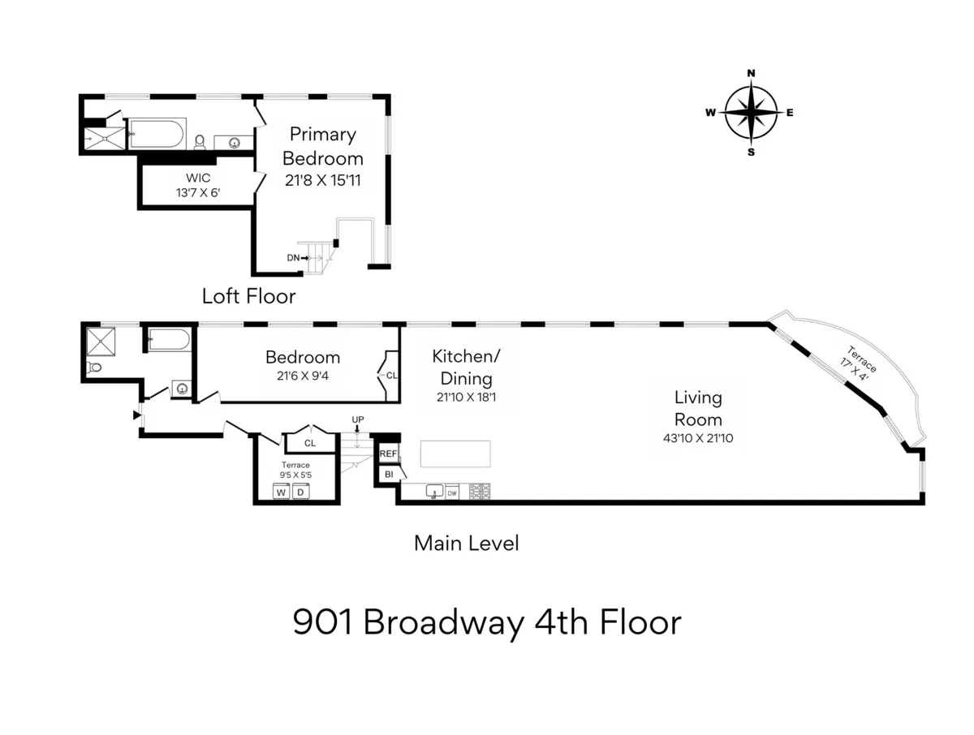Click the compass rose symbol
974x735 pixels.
(x=751, y=113)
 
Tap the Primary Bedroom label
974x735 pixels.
(x=322, y=146)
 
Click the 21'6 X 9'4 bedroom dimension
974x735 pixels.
(x=303, y=376)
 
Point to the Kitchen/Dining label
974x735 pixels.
(x=462, y=367)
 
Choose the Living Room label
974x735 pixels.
(x=698, y=408)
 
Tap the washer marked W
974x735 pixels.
(x=280, y=492)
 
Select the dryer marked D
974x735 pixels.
(x=299, y=492)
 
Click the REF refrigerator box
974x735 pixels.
(x=388, y=454)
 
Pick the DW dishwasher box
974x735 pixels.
(x=451, y=492)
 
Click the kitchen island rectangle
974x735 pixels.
(x=455, y=453)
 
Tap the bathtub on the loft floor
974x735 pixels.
(x=158, y=133)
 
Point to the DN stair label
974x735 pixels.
(x=293, y=257)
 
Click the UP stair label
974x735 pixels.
(x=357, y=419)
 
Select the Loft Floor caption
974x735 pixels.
(x=248, y=296)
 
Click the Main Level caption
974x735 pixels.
(x=466, y=543)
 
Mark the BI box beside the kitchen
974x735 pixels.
(x=388, y=474)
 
